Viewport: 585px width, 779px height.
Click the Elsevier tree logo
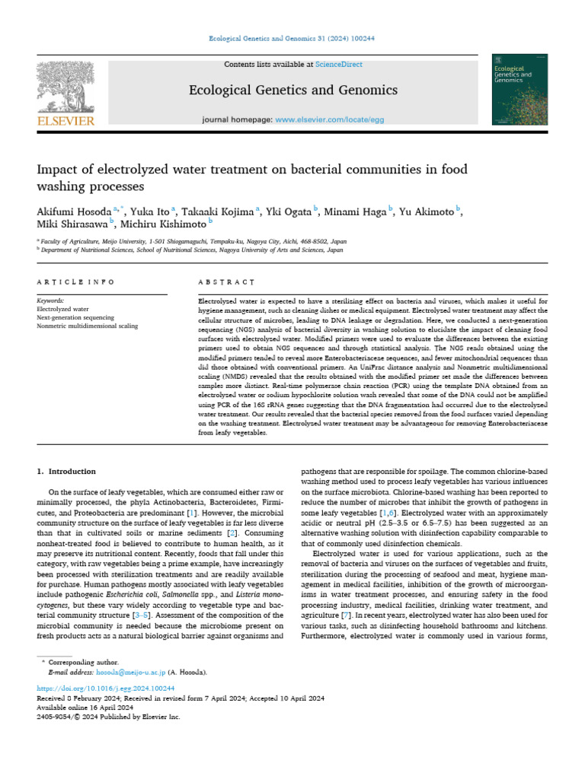pyautogui.click(x=66, y=87)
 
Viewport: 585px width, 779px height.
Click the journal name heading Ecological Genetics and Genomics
pyautogui.click(x=292, y=91)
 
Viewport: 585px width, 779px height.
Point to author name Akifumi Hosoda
pyautogui.click(x=72, y=211)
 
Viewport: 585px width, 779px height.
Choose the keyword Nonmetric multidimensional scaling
pyautogui.click(x=88, y=326)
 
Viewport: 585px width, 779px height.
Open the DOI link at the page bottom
pyautogui.click(x=101, y=688)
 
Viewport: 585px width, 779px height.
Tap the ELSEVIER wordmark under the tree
pyautogui.click(x=66, y=120)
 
